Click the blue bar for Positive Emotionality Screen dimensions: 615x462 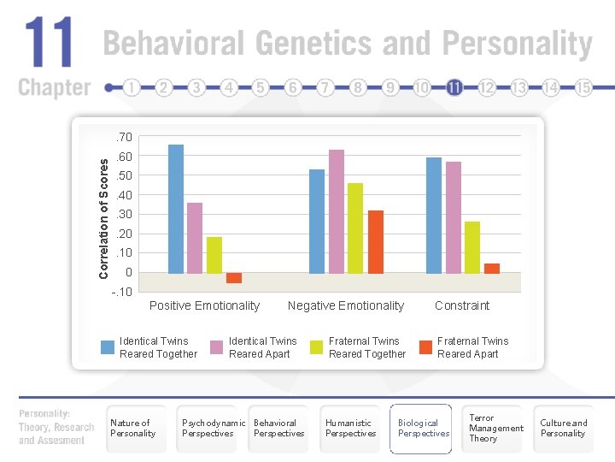(x=176, y=209)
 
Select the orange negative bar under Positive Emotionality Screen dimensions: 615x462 (x=234, y=278)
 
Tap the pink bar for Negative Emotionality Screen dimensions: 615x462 (x=337, y=212)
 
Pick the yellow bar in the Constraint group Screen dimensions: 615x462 (x=472, y=247)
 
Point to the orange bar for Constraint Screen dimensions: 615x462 (x=492, y=269)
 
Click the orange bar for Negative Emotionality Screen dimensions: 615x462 (x=375, y=242)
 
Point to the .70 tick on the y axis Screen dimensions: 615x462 (x=124, y=137)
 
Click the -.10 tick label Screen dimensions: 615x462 (x=122, y=292)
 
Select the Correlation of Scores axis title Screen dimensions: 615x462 (x=103, y=219)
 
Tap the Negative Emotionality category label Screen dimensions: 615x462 (x=346, y=305)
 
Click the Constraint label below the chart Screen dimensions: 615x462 (x=462, y=305)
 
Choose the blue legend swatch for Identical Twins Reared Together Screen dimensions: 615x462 (x=108, y=347)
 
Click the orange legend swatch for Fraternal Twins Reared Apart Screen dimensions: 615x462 (x=425, y=347)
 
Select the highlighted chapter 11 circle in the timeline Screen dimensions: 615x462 (x=454, y=87)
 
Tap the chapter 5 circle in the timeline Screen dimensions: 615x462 (x=260, y=87)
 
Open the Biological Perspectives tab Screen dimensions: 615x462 (x=420, y=429)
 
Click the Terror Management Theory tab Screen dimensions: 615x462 (x=492, y=429)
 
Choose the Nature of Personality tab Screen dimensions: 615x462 (x=137, y=429)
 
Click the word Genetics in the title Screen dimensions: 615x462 (x=313, y=43)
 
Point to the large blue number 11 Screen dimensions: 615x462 (x=49, y=42)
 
